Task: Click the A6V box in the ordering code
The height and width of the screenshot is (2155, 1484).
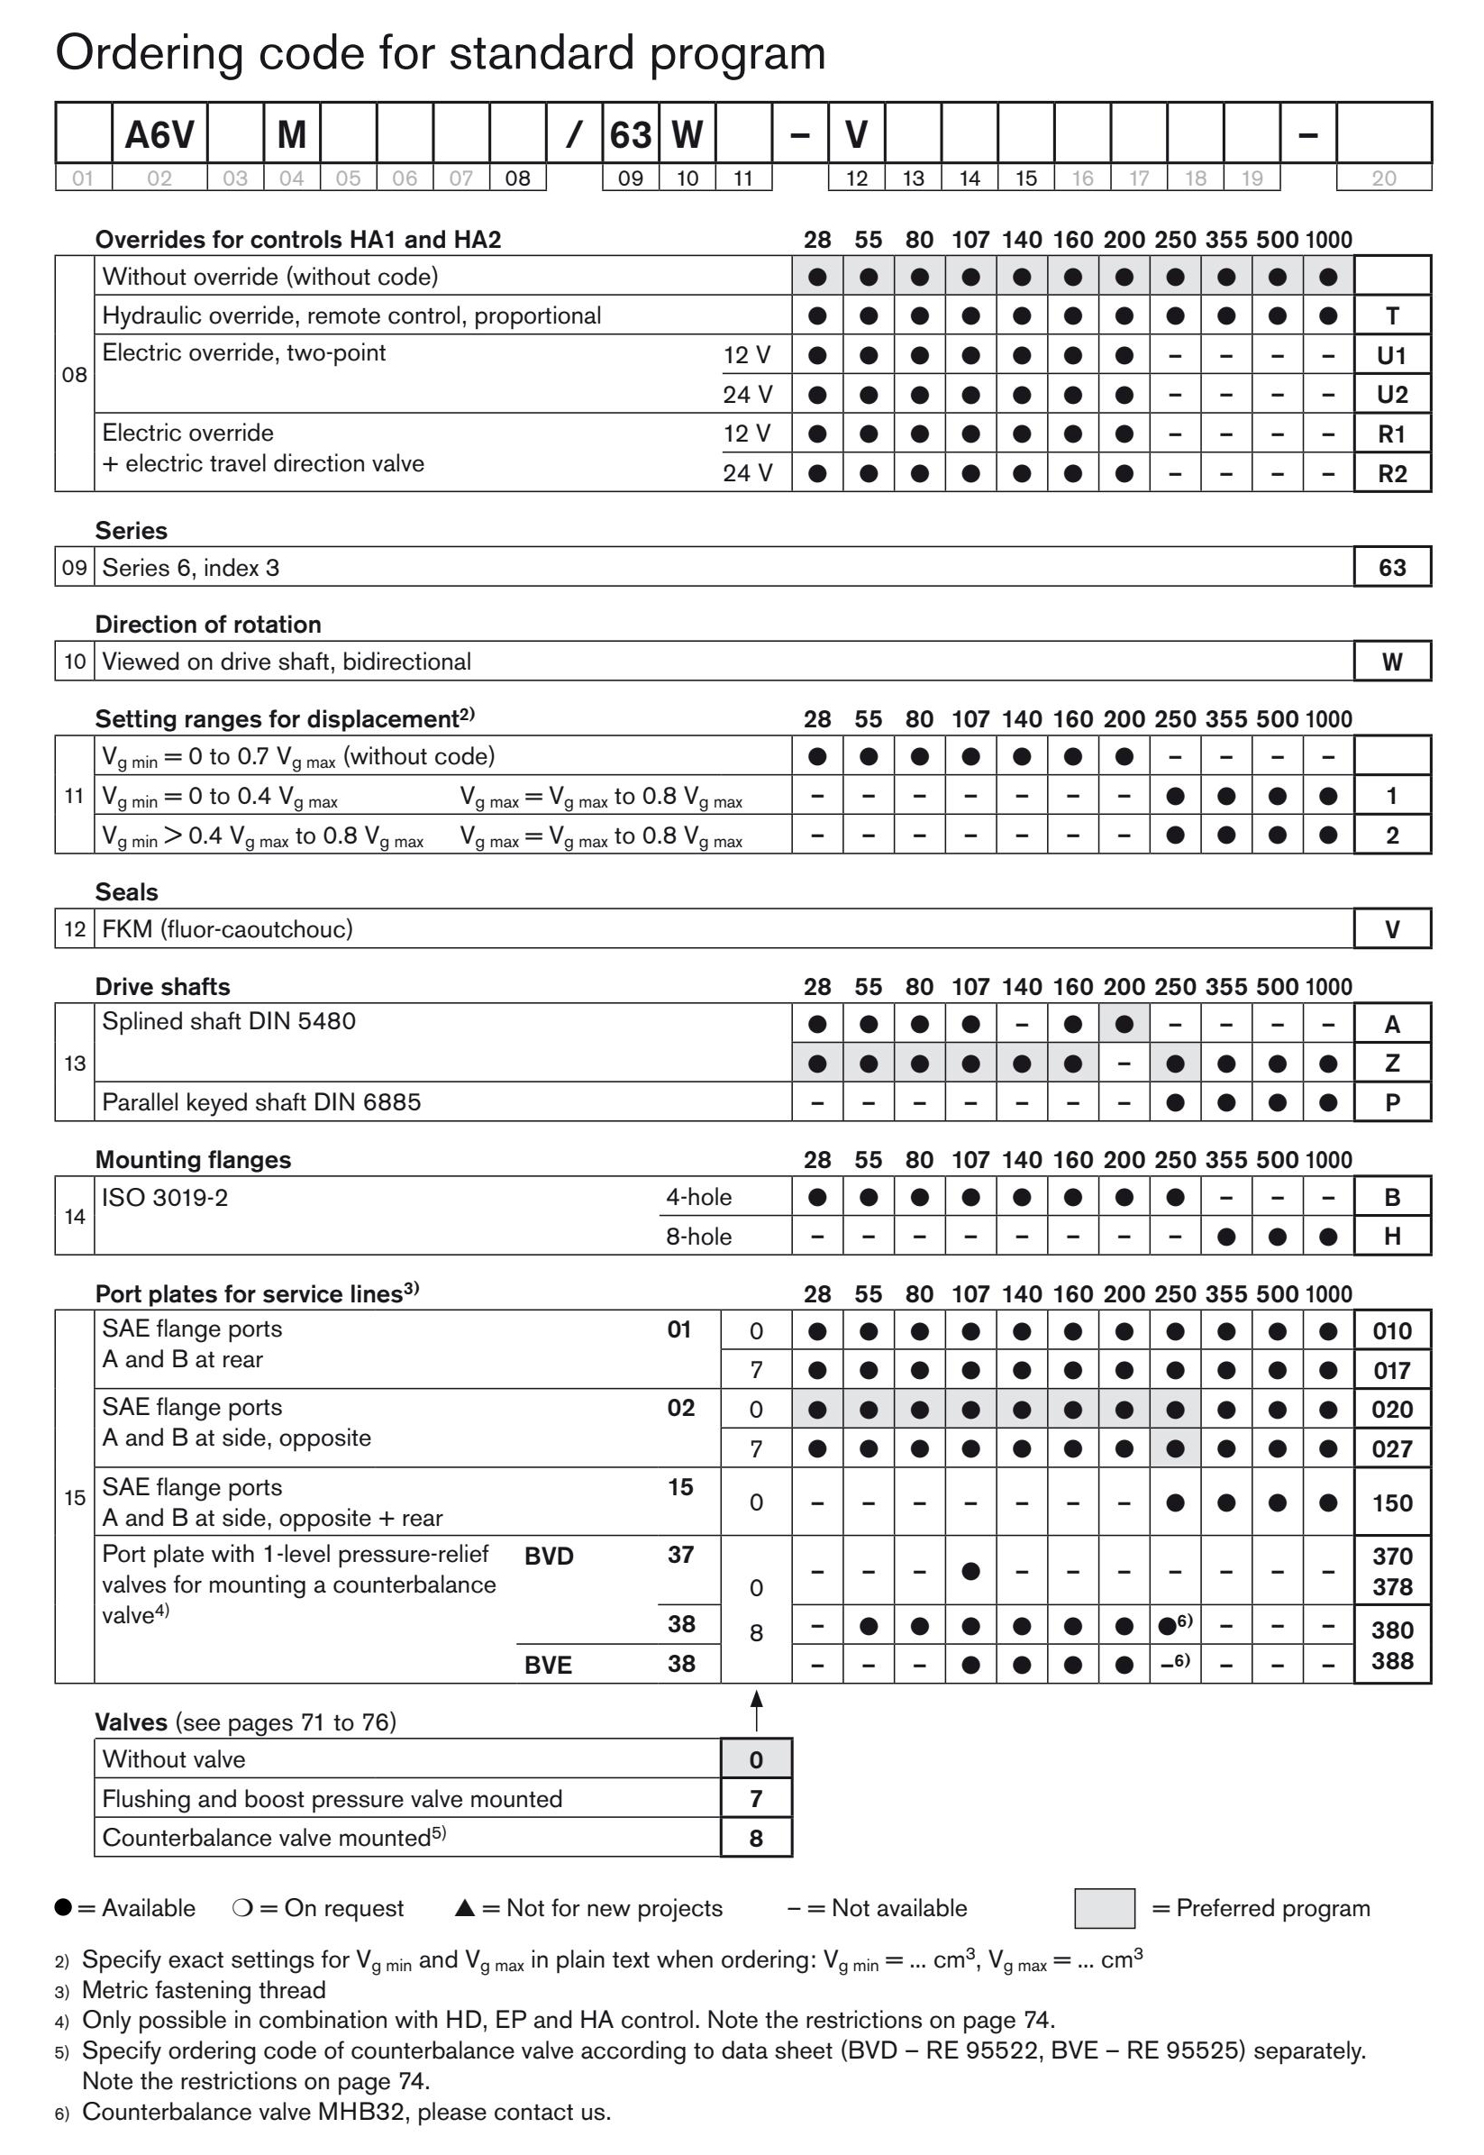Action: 159,134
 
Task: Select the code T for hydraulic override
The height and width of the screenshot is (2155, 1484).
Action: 1391,316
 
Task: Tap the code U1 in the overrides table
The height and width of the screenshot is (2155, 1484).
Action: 1391,355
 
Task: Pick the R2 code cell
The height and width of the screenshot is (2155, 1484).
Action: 1391,473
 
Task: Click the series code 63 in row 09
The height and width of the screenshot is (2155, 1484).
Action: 1391,567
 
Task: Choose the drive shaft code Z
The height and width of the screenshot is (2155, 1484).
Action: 1391,1064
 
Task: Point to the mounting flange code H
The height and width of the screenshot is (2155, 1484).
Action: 1391,1236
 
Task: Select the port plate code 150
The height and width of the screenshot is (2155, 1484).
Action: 1391,1503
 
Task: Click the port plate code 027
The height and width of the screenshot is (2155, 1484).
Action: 1391,1449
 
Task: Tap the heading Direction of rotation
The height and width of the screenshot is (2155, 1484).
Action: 207,624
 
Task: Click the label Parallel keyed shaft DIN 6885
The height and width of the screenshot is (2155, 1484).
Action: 261,1102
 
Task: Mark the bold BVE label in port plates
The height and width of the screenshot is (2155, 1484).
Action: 548,1665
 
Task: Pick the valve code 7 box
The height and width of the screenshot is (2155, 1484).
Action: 756,1799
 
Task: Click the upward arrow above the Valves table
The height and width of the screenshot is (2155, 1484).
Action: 757,1711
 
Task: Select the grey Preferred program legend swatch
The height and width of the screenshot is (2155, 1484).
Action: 1104,1909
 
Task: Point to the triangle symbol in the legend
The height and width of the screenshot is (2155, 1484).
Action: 465,1909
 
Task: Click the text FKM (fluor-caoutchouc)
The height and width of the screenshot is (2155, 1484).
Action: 227,929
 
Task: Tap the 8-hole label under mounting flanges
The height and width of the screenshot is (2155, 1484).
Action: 698,1236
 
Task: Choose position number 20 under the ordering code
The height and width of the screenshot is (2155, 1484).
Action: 1383,178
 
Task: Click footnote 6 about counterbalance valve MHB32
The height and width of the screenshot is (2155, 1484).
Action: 346,2111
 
